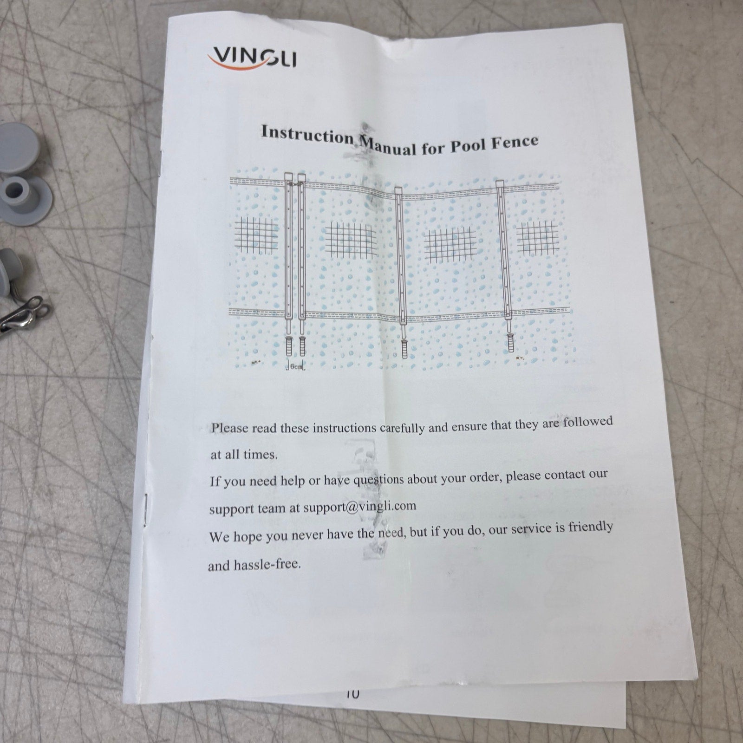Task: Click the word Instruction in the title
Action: tap(308, 134)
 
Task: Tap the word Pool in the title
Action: tap(467, 144)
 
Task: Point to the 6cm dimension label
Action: tap(296, 366)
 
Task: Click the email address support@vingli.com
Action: tap(359, 507)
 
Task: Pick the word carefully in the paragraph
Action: tap(402, 428)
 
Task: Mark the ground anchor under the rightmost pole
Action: tap(510, 341)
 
